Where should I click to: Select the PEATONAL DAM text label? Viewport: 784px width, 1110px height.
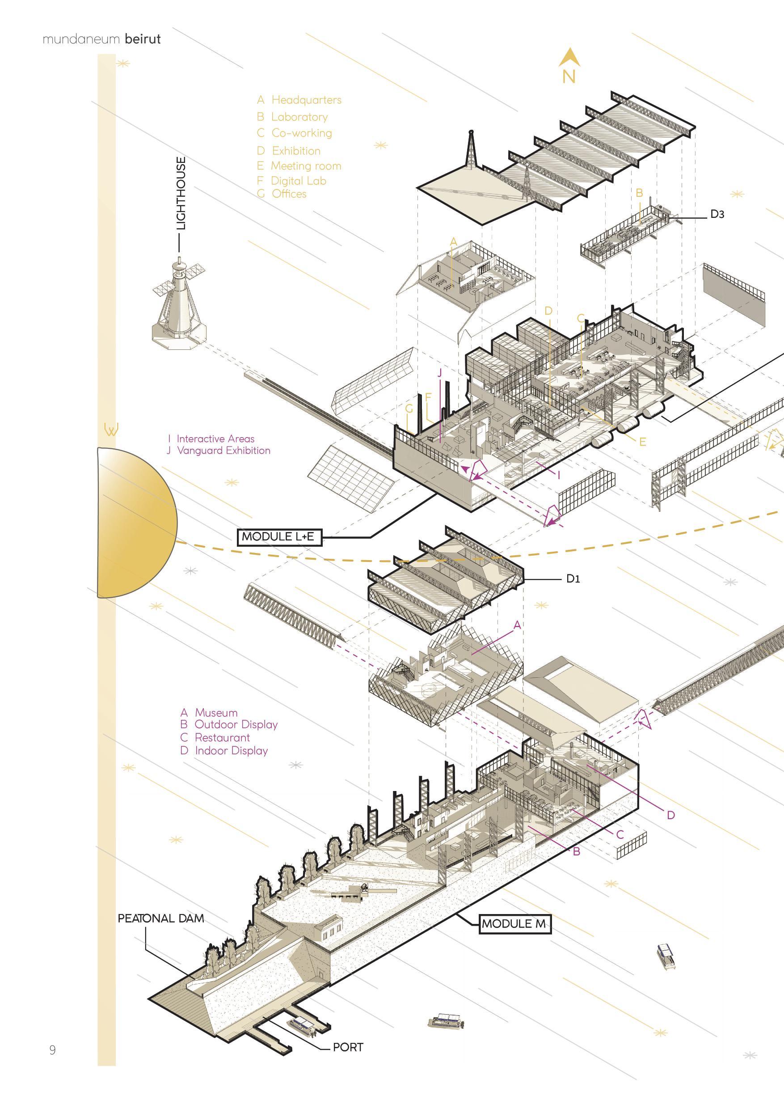(x=161, y=918)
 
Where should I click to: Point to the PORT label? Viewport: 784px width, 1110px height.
(x=348, y=1047)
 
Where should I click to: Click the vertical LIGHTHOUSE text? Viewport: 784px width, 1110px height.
(x=181, y=193)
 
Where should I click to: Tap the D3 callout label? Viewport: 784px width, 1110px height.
(x=717, y=214)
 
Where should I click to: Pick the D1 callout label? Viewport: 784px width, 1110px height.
(x=573, y=578)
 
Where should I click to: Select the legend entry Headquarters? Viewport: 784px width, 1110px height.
(x=306, y=100)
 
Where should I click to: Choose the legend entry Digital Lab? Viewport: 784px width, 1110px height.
(x=298, y=181)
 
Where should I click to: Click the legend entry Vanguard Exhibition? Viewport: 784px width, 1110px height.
(x=223, y=451)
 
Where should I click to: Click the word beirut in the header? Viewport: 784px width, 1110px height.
(x=143, y=39)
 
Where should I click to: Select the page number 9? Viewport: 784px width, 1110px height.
(x=52, y=1050)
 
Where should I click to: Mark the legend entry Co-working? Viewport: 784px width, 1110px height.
(x=301, y=133)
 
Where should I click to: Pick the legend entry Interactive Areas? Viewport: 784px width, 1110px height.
(x=215, y=439)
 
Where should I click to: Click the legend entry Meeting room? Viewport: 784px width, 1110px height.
(x=305, y=166)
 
